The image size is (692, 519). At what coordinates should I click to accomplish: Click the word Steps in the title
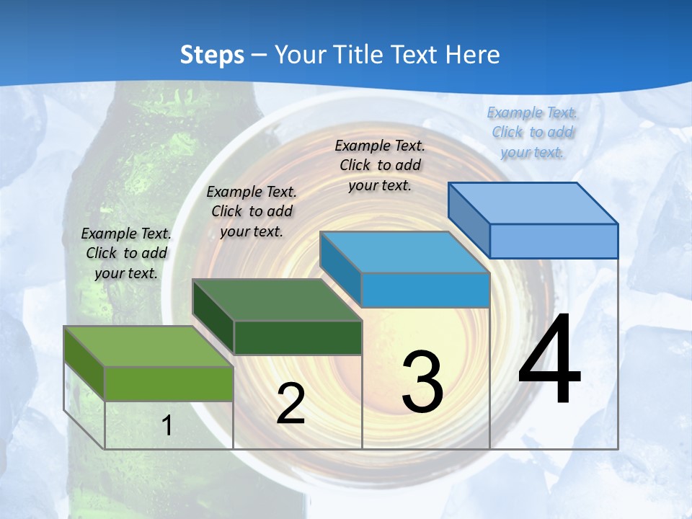(x=212, y=55)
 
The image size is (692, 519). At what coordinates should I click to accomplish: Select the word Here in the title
(x=473, y=55)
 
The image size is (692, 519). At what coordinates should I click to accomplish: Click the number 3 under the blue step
(x=422, y=382)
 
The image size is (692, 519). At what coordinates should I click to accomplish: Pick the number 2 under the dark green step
(x=290, y=404)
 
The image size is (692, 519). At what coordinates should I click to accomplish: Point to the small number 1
(x=167, y=426)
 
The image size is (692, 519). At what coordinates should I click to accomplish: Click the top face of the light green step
(x=148, y=346)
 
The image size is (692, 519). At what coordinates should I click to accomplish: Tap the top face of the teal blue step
(x=404, y=252)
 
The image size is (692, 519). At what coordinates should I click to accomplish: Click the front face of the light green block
(x=169, y=383)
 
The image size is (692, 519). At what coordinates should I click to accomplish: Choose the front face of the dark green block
(x=297, y=337)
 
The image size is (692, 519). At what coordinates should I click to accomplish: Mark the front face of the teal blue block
(x=425, y=290)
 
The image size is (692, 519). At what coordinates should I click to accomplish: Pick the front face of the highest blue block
(x=554, y=241)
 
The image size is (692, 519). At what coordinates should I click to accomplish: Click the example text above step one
(x=126, y=253)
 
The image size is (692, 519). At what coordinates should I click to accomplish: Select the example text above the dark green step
(x=252, y=211)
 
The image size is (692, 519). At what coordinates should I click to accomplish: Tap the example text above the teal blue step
(x=380, y=165)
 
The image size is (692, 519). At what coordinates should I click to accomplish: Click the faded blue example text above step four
(x=532, y=132)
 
